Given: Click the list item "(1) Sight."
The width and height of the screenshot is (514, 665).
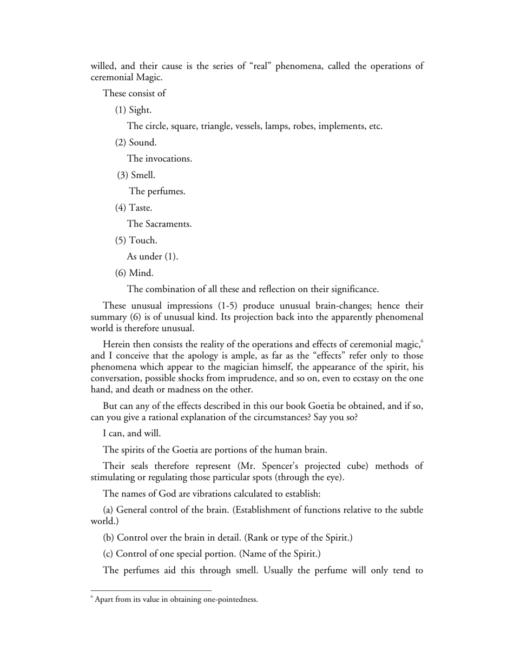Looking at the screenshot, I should [133, 110].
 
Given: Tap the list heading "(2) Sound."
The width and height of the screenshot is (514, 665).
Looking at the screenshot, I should [136, 143].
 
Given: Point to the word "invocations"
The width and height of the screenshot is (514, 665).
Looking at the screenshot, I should [168, 159].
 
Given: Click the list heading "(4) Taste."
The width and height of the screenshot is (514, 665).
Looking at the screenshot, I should [134, 208].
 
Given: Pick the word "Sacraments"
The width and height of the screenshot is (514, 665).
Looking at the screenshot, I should [168, 224].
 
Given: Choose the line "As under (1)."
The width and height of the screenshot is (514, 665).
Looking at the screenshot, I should [152, 256].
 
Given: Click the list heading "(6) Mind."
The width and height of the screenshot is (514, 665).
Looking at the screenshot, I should [134, 272].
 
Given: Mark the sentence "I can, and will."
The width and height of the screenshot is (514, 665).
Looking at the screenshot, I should [131, 433].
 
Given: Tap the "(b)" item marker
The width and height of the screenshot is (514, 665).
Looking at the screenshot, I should [108, 537].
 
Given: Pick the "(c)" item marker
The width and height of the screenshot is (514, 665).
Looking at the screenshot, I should [108, 554].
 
